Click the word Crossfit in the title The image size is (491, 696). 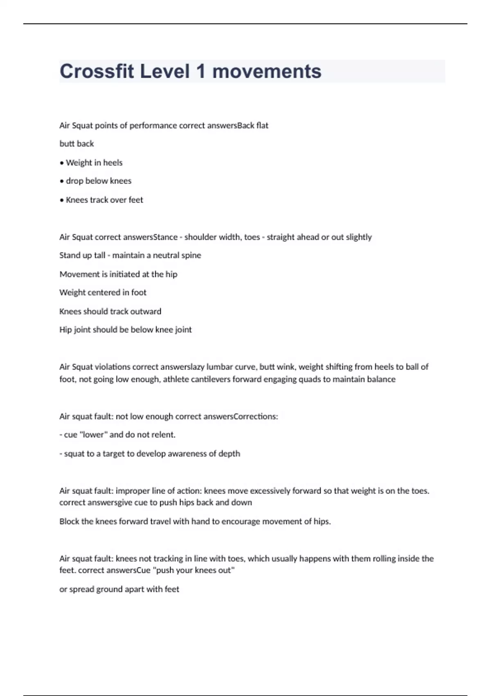97,71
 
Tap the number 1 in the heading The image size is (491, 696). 200,71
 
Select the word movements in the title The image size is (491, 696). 267,71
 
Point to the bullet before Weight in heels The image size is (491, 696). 62,163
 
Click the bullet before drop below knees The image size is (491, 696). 62,181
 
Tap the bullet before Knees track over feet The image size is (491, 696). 62,200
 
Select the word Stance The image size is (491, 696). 165,237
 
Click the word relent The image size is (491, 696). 163,435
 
